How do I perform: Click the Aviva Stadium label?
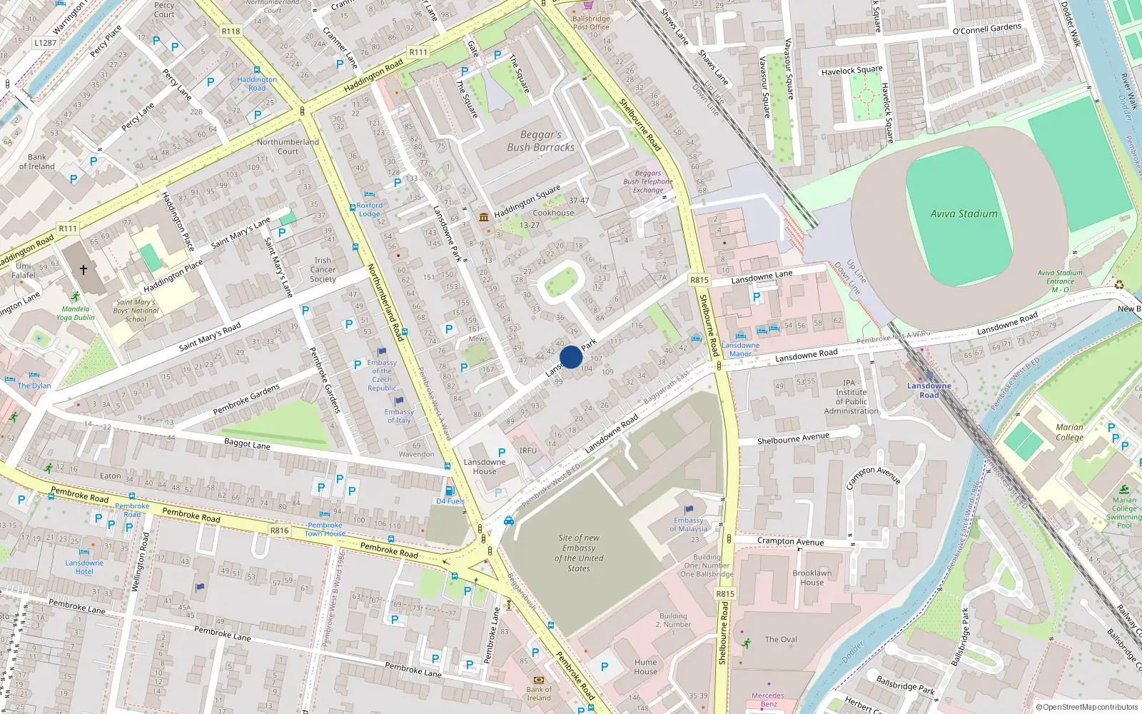[964, 213]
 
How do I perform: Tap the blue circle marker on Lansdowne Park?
[571, 357]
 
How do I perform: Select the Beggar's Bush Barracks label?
[540, 141]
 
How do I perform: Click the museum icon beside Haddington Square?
[484, 217]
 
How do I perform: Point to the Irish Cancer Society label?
[323, 270]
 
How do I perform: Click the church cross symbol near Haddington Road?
[84, 270]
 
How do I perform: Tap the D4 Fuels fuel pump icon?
[450, 491]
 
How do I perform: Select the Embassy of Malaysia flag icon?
[689, 510]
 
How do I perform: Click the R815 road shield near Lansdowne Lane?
[699, 280]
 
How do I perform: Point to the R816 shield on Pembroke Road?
[279, 531]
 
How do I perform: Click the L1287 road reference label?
[45, 43]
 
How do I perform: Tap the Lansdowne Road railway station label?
[929, 391]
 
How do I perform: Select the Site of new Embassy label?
[579, 553]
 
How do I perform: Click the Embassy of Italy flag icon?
[399, 401]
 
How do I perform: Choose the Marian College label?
[1069, 432]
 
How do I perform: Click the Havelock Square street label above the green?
[852, 70]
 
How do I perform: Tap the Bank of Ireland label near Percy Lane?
[37, 161]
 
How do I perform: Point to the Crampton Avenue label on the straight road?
[790, 542]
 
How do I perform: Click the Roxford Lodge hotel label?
[370, 209]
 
